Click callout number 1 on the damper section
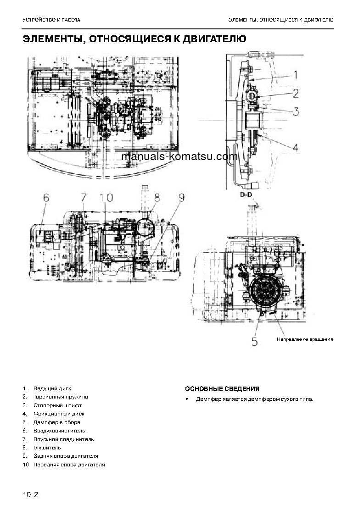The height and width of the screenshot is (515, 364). click(296, 75)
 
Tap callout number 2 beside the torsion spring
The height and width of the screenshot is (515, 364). click(296, 93)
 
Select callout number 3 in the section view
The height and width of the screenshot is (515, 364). click(296, 111)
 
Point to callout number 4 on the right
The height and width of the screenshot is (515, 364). click(296, 148)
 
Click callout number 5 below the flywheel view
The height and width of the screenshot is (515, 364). click(255, 341)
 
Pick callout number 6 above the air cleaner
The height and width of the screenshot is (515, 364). click(45, 198)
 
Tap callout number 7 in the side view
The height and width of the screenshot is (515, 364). click(83, 198)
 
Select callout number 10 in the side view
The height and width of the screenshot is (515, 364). click(106, 198)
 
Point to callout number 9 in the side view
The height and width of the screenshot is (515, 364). click(181, 198)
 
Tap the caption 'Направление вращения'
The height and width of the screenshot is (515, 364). click(304, 339)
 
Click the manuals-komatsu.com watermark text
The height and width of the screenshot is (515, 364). click(180, 156)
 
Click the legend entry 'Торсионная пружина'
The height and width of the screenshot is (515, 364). click(61, 397)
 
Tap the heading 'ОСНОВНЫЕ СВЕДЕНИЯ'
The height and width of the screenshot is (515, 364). click(222, 389)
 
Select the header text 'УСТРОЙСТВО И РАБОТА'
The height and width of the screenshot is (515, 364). click(51, 20)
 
